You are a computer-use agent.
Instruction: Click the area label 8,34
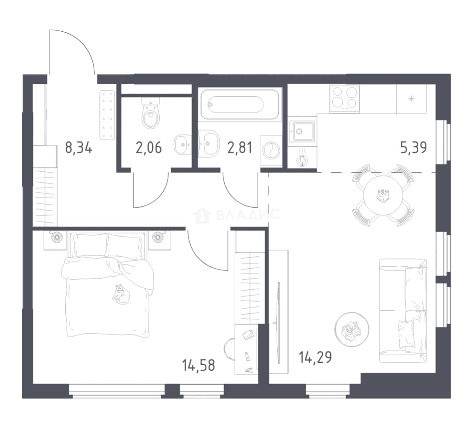pyautogui.click(x=79, y=148)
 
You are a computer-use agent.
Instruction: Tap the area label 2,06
pyautogui.click(x=149, y=148)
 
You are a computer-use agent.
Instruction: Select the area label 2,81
pyautogui.click(x=240, y=148)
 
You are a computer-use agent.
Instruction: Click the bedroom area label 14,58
pyautogui.click(x=198, y=365)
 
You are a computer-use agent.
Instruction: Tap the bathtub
pyautogui.click(x=240, y=105)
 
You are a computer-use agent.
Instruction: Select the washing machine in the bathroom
pyautogui.click(x=271, y=150)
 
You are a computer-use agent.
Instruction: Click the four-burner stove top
pyautogui.click(x=345, y=99)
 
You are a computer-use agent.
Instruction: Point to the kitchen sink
pyautogui.click(x=302, y=131)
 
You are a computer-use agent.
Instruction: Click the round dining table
pyautogui.click(x=383, y=196)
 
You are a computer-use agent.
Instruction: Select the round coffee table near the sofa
pyautogui.click(x=352, y=329)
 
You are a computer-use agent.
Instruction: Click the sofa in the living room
pyautogui.click(x=403, y=310)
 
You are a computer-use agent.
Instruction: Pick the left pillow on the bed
pyautogui.click(x=90, y=245)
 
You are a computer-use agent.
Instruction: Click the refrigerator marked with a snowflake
pyautogui.click(x=412, y=99)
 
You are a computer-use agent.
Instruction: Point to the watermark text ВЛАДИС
pyautogui.click(x=248, y=214)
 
